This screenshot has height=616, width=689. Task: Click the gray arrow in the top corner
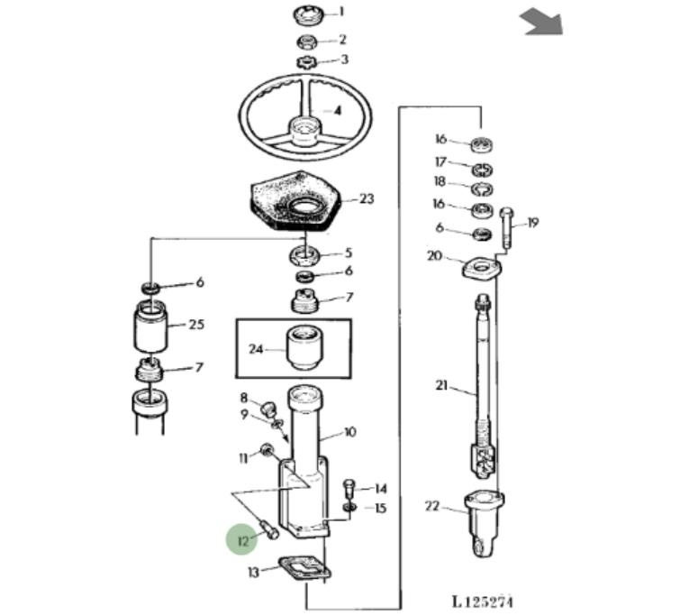pyautogui.click(x=541, y=22)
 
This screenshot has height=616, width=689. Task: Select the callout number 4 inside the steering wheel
pyautogui.click(x=337, y=111)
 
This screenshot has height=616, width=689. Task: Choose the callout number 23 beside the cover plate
pyautogui.click(x=366, y=198)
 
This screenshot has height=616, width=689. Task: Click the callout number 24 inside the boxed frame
pyautogui.click(x=255, y=349)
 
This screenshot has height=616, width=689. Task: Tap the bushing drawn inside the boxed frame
pyautogui.click(x=304, y=348)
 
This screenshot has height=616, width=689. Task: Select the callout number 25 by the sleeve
pyautogui.click(x=197, y=325)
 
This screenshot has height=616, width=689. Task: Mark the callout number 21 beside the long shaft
pyautogui.click(x=441, y=386)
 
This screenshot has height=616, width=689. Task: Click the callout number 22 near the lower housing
pyautogui.click(x=432, y=506)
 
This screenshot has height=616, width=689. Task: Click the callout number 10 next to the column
pyautogui.click(x=349, y=432)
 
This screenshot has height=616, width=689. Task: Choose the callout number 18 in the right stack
pyautogui.click(x=440, y=181)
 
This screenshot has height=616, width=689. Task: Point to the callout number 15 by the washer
pyautogui.click(x=379, y=509)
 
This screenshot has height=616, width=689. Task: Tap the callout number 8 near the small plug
pyautogui.click(x=243, y=398)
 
